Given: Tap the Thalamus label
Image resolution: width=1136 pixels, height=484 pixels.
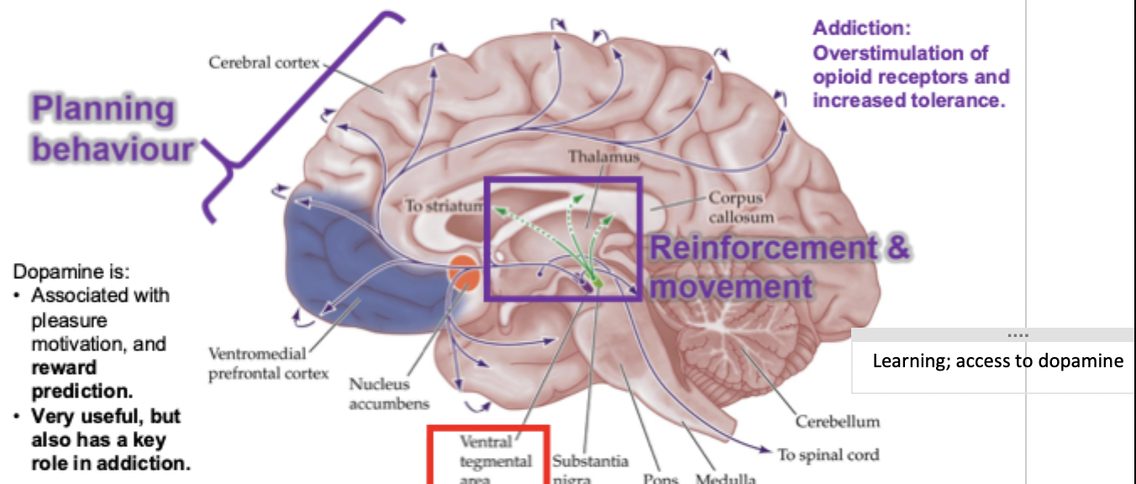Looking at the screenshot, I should click(603, 157).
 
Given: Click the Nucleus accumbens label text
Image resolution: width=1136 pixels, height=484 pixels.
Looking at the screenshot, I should click(380, 394).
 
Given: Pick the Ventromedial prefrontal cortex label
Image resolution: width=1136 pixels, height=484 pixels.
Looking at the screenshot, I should click(268, 363).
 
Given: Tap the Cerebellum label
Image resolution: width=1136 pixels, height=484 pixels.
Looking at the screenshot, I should click(837, 421).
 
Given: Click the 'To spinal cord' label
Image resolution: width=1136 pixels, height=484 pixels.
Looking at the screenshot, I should click(828, 455).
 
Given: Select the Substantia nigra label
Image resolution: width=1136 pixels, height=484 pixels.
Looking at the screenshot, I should click(590, 469).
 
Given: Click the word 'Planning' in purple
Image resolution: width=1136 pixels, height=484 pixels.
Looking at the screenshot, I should click(103, 109).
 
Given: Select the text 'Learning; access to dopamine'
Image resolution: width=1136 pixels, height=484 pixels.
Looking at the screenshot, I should click(997, 360).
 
